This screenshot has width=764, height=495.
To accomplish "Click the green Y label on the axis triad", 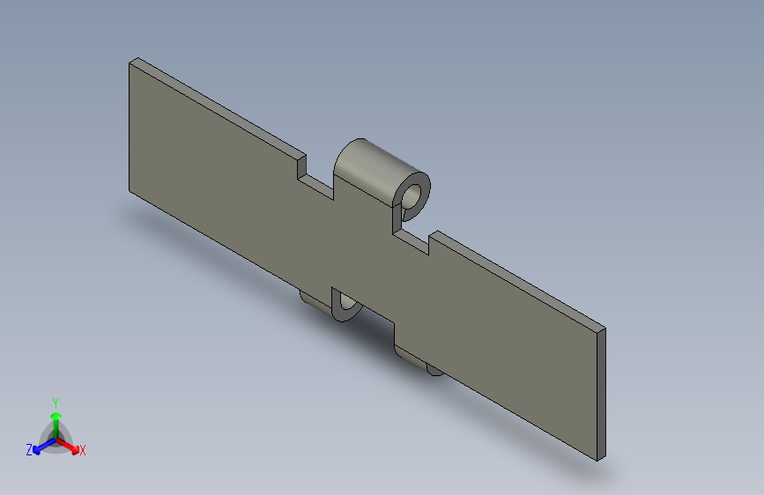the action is coord(56,403).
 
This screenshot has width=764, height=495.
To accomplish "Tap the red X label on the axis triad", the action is coord(82,450).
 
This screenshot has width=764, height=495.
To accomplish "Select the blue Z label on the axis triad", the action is coord(29,450).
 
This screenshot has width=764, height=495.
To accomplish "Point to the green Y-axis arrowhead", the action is coord(56,416).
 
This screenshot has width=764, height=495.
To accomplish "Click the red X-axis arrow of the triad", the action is coord(68,446).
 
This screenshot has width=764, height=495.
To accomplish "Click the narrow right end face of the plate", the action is coord(601,394).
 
